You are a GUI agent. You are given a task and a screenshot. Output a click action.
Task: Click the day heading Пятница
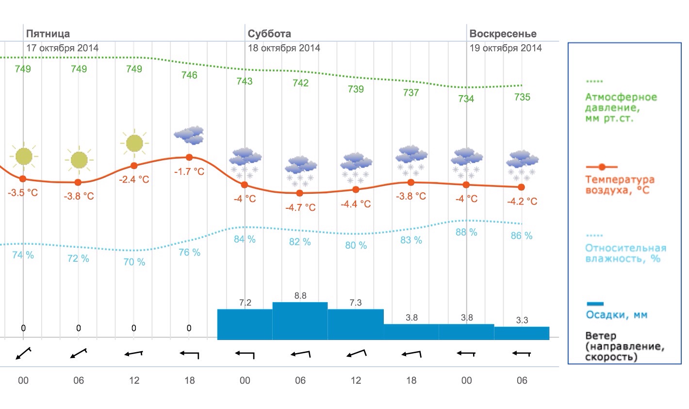coord(48,34)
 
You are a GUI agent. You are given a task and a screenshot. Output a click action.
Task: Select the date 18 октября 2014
coord(284,48)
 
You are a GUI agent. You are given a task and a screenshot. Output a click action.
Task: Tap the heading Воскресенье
coord(503,34)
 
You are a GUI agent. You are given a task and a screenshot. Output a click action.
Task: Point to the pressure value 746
coord(189,75)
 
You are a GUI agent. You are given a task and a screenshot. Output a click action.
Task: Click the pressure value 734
coord(466,99)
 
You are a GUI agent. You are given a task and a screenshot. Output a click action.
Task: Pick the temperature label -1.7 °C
coord(189,172)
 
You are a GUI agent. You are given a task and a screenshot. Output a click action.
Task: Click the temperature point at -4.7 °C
coord(300,193)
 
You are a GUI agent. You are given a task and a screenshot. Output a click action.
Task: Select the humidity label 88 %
coord(466,233)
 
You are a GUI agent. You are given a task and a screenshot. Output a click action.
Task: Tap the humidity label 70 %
coord(134,262)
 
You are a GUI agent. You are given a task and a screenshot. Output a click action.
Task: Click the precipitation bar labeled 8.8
coord(300,321)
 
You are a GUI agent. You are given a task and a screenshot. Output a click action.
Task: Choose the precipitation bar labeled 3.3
coord(522,333)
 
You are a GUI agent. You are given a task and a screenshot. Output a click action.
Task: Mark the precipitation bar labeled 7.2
coord(245,324)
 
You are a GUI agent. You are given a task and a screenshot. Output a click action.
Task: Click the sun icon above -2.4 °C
coord(134,143)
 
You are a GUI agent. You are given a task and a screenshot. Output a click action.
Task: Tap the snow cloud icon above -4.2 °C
coord(522,164)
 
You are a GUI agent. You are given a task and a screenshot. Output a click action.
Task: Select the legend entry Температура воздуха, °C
coord(620,185)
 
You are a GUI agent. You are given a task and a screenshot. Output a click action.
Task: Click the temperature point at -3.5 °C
coord(23,179)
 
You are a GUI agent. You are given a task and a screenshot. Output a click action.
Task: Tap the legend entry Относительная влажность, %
coord(625,253)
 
